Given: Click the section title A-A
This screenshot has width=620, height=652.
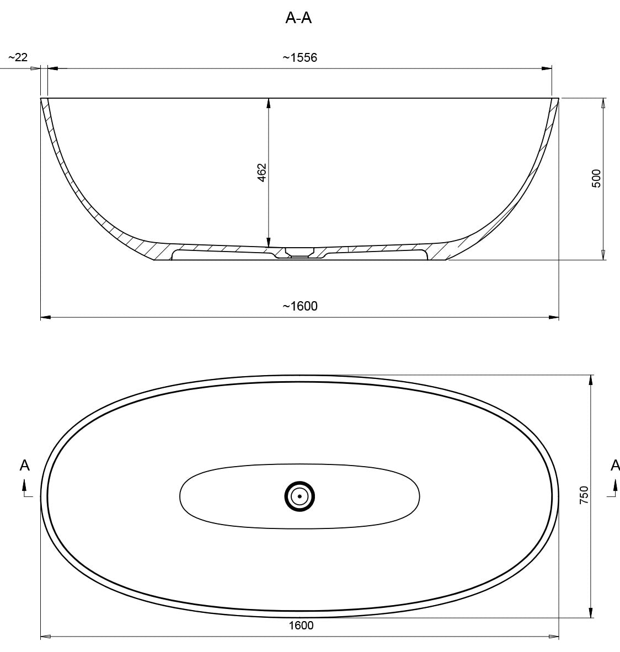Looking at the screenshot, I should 298,18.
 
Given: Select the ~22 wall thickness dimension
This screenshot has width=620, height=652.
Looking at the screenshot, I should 18,57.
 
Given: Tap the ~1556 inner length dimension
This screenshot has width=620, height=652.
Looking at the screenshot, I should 300,57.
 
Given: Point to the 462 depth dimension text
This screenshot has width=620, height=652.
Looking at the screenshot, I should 262,172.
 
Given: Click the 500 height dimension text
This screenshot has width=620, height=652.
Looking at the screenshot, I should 596,178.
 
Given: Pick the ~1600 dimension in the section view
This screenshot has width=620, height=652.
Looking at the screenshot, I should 300,306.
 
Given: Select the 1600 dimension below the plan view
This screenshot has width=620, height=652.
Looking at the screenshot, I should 301,625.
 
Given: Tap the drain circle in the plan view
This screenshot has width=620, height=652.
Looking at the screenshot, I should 300,496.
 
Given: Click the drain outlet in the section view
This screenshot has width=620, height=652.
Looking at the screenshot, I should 299,253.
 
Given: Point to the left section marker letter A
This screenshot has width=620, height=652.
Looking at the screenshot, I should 25,466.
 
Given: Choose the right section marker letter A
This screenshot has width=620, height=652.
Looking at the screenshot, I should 614,466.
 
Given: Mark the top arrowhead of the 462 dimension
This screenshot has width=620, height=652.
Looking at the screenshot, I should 269,103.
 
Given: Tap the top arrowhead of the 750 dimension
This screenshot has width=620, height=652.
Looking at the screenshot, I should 591,380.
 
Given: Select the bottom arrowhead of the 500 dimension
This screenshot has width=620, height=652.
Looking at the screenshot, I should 603,254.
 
